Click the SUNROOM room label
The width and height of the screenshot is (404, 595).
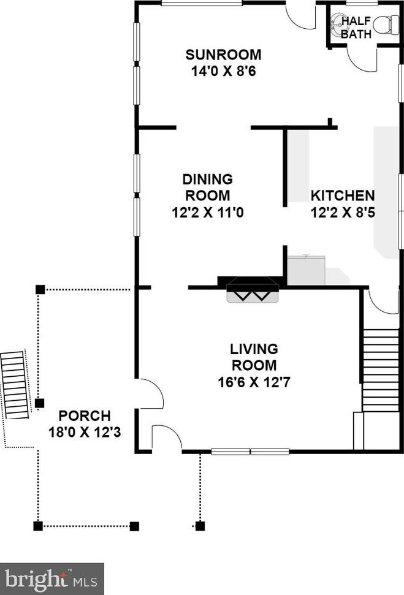pyautogui.click(x=223, y=55)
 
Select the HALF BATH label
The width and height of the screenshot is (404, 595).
pyautogui.click(x=356, y=28)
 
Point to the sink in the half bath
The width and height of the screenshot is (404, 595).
pyautogui.click(x=337, y=24)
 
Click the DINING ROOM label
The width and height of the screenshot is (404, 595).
pyautogui.click(x=207, y=188)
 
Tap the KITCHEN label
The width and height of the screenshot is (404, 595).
pyautogui.click(x=342, y=196)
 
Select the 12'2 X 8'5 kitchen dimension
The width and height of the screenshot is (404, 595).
pyautogui.click(x=342, y=213)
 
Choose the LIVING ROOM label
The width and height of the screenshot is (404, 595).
pyautogui.click(x=254, y=357)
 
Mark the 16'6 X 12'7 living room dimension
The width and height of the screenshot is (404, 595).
pyautogui.click(x=254, y=382)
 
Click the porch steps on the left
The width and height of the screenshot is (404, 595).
pyautogui.click(x=15, y=385)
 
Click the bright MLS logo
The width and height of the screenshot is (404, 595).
pyautogui.click(x=51, y=578)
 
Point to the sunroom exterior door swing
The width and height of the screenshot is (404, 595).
pyautogui.click(x=300, y=17)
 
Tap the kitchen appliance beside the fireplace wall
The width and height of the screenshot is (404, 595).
pyautogui.click(x=307, y=271)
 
